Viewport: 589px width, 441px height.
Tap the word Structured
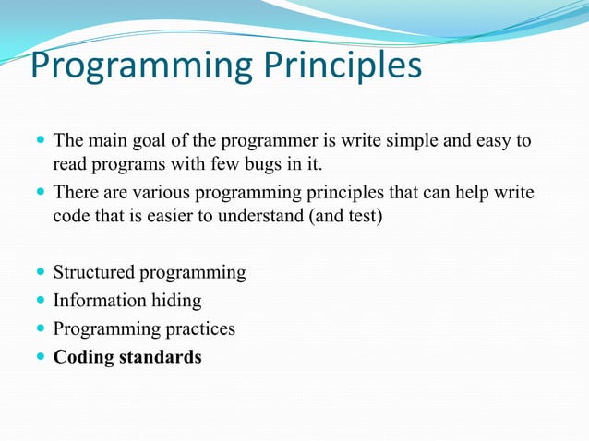click(x=93, y=273)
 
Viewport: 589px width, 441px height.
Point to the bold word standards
click(x=161, y=357)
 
